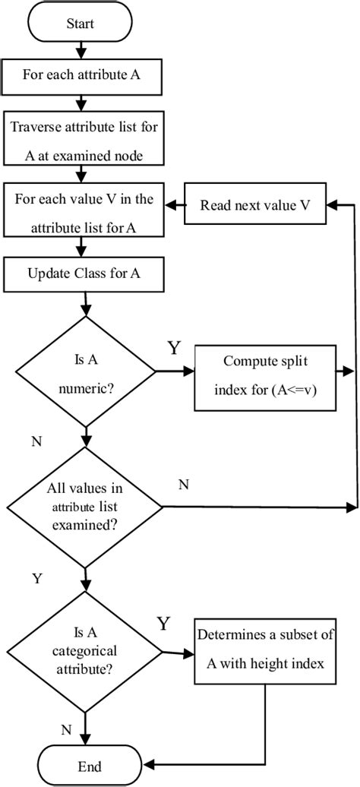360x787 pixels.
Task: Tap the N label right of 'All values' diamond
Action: [x=183, y=484]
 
